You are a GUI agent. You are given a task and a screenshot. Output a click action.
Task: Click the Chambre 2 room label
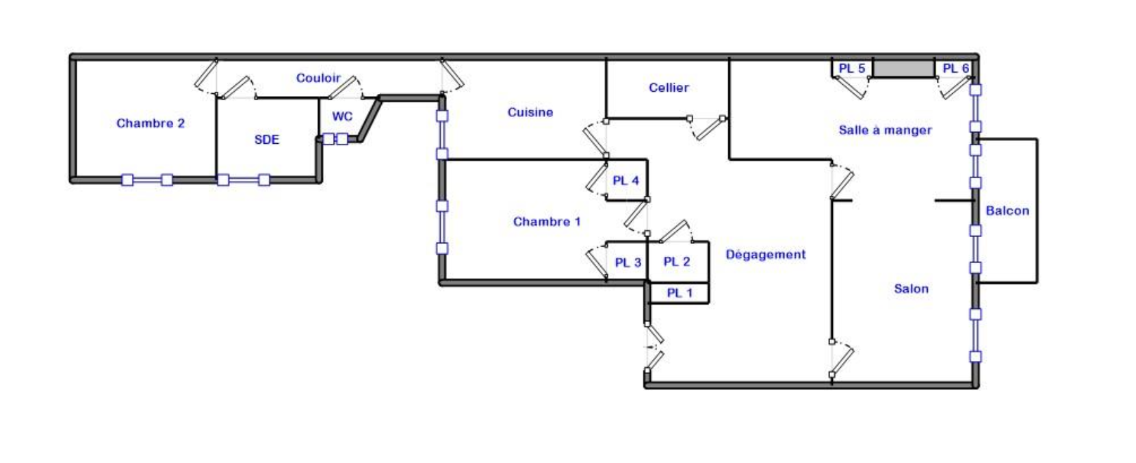click(x=151, y=123)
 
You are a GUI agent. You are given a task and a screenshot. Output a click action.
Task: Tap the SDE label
click(x=267, y=140)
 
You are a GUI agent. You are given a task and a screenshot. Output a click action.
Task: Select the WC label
click(x=342, y=116)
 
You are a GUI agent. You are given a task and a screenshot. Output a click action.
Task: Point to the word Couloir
click(x=318, y=78)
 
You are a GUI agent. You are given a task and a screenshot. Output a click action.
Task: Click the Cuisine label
click(x=530, y=112)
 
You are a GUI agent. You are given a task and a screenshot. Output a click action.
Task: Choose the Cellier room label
click(x=669, y=88)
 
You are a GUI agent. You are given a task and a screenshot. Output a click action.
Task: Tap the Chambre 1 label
click(x=547, y=222)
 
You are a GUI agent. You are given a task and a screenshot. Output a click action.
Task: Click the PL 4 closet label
click(x=625, y=181)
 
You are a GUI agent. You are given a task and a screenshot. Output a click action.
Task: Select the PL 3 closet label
click(x=628, y=263)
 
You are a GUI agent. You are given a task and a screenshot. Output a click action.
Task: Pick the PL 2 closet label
click(x=677, y=262)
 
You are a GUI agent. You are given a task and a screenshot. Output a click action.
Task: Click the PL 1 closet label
click(x=680, y=293)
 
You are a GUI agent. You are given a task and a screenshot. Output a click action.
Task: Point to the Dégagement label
click(x=766, y=255)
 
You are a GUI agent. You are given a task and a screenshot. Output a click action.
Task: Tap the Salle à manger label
click(x=885, y=130)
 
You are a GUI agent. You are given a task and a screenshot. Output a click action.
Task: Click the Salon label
click(x=912, y=289)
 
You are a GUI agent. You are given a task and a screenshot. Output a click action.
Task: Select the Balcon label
click(x=1007, y=211)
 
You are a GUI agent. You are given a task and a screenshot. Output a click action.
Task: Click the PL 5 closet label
click(x=852, y=68)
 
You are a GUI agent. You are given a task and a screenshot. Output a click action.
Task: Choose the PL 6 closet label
click(x=955, y=68)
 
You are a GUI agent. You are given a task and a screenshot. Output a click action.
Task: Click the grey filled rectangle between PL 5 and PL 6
click(x=903, y=68)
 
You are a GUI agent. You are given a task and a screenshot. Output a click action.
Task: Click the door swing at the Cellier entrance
click(x=708, y=127)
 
